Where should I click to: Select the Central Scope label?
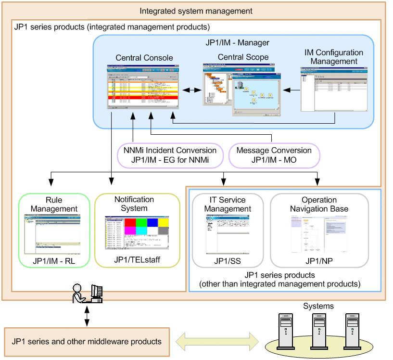click(x=243, y=57)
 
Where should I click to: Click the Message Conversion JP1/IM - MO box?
click(x=274, y=155)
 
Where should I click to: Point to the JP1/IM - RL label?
click(x=53, y=261)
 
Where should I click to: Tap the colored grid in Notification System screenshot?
click(x=146, y=226)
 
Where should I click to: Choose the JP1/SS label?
click(x=228, y=261)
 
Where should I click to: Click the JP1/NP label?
click(x=319, y=261)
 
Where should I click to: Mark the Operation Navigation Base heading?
click(x=319, y=204)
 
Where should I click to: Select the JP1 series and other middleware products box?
click(x=87, y=342)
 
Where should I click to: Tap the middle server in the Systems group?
click(x=319, y=328)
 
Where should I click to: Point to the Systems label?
click(x=318, y=306)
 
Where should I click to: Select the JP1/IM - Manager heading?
click(x=237, y=42)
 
